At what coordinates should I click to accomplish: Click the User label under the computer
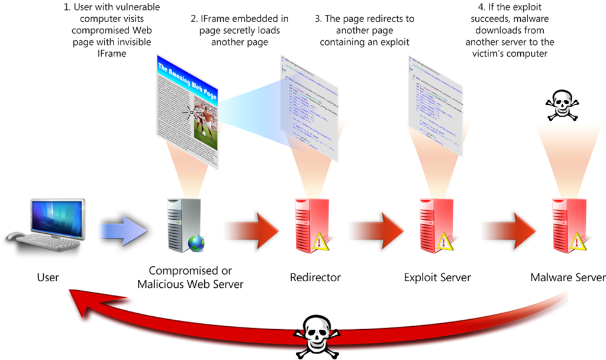(48, 277)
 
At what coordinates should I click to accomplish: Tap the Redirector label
(315, 277)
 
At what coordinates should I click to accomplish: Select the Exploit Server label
(437, 277)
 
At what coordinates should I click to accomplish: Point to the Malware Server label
(567, 277)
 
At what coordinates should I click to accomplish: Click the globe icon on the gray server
(196, 243)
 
